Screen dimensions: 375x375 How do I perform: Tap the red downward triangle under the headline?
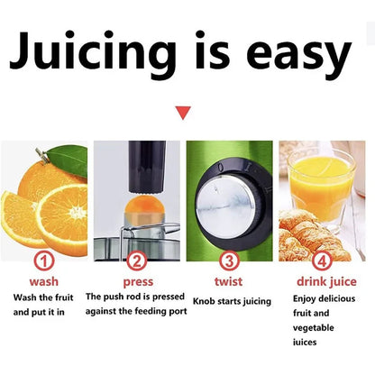click(184, 113)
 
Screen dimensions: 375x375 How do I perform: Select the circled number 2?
click(137, 261)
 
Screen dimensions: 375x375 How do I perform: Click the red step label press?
click(137, 281)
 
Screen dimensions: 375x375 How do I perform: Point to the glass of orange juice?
click(321, 185)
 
